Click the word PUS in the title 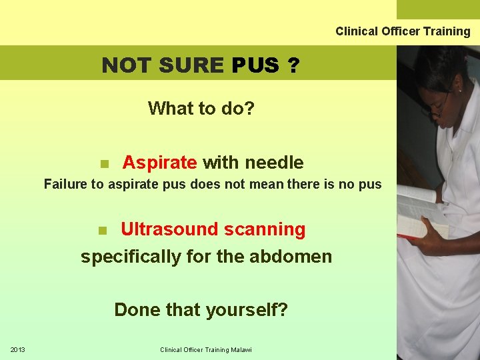(x=255, y=65)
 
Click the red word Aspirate (x=159, y=163)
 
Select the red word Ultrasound (x=170, y=229)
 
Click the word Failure (x=65, y=185)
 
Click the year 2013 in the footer (x=18, y=350)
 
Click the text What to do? (x=201, y=108)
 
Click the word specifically (x=131, y=257)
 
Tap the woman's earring (x=459, y=89)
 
